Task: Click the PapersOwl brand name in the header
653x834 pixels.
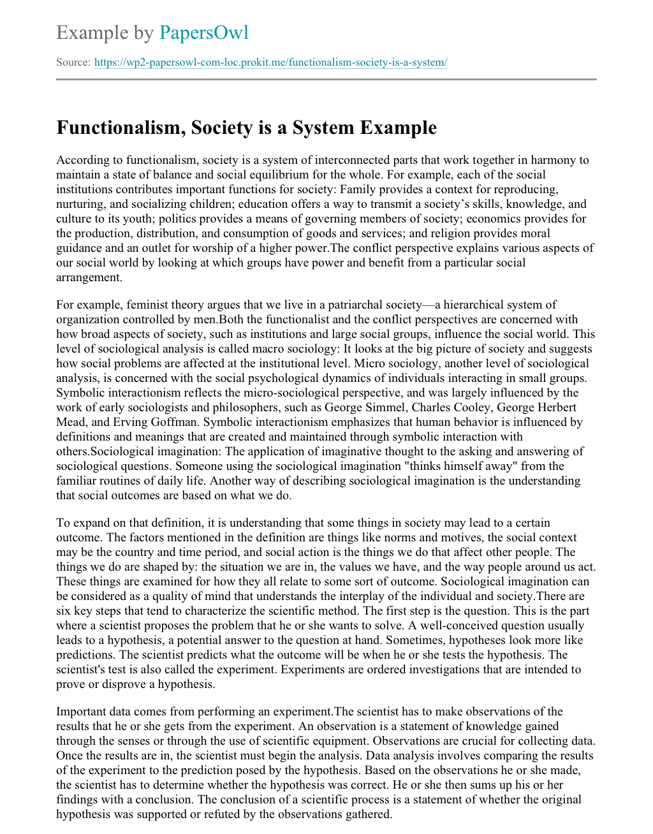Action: click(x=203, y=33)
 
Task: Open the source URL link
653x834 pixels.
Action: click(x=270, y=62)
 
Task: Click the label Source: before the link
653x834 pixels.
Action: click(x=73, y=62)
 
